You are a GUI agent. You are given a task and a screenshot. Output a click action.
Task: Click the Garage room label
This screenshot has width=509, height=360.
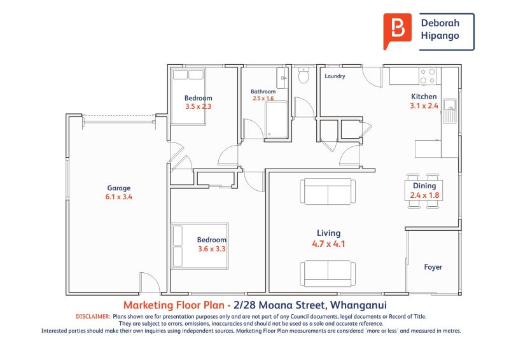(119, 188)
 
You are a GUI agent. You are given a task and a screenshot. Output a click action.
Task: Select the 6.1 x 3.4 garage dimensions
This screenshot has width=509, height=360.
(119, 197)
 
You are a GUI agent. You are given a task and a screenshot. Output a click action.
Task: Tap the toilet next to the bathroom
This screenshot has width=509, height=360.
(303, 75)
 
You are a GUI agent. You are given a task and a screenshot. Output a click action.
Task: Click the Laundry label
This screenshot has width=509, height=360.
(335, 76)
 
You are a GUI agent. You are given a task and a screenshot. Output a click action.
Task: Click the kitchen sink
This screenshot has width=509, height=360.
(450, 111)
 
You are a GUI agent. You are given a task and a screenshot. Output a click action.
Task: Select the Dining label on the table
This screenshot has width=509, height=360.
(424, 186)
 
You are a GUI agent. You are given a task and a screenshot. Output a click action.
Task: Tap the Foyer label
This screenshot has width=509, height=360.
(433, 267)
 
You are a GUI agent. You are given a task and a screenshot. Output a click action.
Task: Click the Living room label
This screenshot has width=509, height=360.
(328, 233)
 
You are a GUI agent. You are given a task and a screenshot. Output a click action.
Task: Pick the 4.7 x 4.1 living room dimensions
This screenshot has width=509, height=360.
(328, 244)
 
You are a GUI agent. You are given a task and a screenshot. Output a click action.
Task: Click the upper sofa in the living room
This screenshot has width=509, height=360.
(328, 191)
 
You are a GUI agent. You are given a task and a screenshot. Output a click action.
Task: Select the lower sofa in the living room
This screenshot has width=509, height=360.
(328, 273)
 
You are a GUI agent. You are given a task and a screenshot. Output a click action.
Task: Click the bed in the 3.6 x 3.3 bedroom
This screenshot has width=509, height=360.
(200, 246)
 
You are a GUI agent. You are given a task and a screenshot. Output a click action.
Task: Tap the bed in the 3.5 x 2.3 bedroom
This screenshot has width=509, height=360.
(188, 97)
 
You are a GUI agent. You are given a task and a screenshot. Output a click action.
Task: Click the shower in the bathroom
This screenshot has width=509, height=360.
(276, 120)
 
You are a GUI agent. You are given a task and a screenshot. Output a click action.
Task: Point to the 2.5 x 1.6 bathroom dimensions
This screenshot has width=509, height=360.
(263, 99)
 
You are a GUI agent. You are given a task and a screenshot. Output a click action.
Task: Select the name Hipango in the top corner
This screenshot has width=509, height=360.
(440, 36)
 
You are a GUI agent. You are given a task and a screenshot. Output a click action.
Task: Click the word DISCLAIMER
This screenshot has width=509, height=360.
(93, 317)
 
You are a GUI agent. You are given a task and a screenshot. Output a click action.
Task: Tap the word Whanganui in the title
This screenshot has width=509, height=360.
(358, 305)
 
